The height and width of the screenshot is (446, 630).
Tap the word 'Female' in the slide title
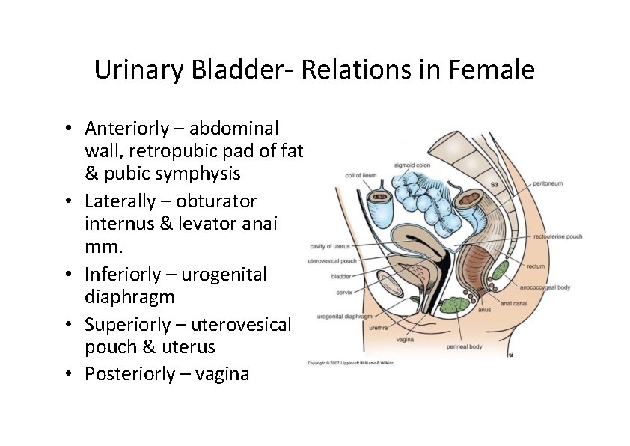(492, 70)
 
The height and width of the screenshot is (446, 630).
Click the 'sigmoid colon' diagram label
(412, 165)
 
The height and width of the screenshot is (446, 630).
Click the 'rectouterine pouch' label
(557, 236)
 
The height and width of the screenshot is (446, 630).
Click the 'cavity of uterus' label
(329, 246)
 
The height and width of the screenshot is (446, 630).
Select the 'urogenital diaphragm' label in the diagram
(345, 317)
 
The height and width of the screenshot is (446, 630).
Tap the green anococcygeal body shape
(499, 270)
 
